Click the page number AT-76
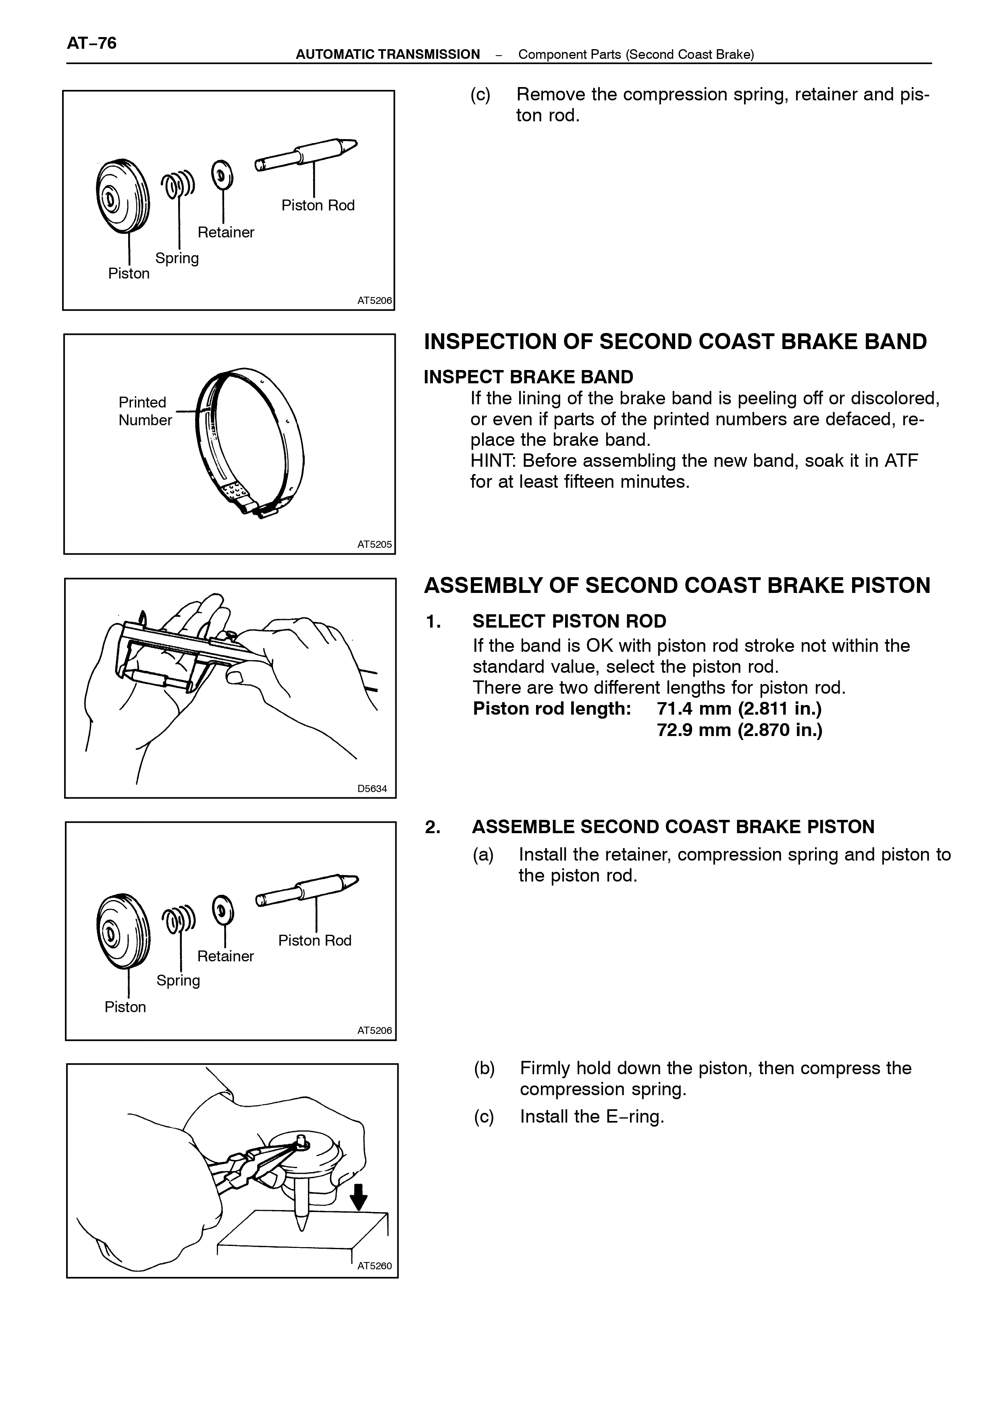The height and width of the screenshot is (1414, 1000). pyautogui.click(x=92, y=43)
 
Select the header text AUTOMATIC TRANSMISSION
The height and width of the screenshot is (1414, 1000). pyautogui.click(x=388, y=54)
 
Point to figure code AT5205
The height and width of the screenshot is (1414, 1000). pyautogui.click(x=374, y=545)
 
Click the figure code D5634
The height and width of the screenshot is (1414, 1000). pyautogui.click(x=372, y=788)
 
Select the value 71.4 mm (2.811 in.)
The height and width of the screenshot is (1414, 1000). pyautogui.click(x=739, y=709)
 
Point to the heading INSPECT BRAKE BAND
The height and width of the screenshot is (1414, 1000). pyautogui.click(x=528, y=377)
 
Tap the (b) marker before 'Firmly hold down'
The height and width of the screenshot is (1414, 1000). pyautogui.click(x=484, y=1069)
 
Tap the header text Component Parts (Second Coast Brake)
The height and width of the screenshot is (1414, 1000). pyautogui.click(x=636, y=54)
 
